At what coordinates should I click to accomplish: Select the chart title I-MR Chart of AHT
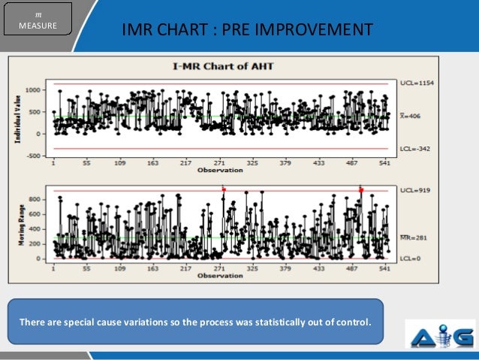[x=219, y=66]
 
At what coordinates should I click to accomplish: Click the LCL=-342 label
[x=412, y=149]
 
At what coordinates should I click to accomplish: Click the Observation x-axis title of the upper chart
[x=219, y=171]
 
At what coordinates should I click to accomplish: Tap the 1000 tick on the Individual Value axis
[x=33, y=89]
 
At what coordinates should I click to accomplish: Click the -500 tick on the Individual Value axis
[x=33, y=156]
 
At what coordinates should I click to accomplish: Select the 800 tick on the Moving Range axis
[x=35, y=198]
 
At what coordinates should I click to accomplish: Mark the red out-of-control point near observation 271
[x=223, y=189]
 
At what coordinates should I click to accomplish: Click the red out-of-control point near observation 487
[x=360, y=189]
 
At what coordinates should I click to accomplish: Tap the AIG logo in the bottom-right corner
[x=439, y=334]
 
